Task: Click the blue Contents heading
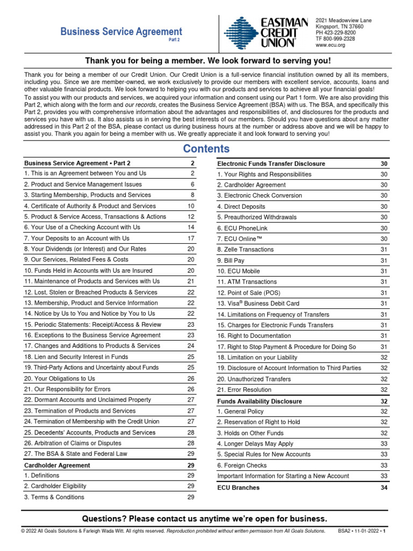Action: pyautogui.click(x=206, y=149)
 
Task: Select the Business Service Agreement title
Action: pyautogui.click(x=121, y=32)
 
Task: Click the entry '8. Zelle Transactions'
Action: pyautogui.click(x=245, y=250)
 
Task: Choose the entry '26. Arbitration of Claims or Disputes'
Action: pyautogui.click(x=73, y=443)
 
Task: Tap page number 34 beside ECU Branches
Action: pyautogui.click(x=383, y=488)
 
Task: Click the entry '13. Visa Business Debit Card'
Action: pyautogui.click(x=258, y=303)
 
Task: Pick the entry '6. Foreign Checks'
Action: pyautogui.click(x=242, y=465)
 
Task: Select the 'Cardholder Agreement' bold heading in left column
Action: pyautogui.click(x=57, y=465)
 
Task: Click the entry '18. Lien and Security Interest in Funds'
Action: pyautogui.click(x=76, y=357)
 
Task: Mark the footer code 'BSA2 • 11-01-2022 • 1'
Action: pyautogui.click(x=363, y=531)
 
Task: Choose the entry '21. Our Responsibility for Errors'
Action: pyautogui.click(x=67, y=389)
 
